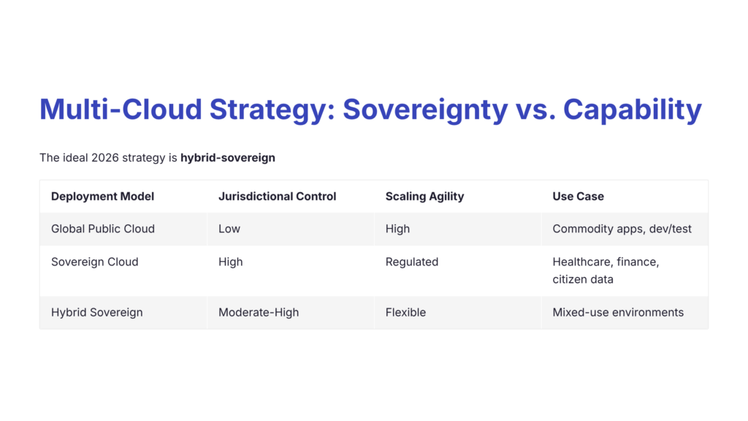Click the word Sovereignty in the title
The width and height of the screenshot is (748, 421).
point(424,110)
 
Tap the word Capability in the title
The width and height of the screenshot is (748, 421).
point(632,110)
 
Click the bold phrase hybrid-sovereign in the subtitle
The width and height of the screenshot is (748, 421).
point(227,157)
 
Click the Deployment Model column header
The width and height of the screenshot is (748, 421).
point(102,196)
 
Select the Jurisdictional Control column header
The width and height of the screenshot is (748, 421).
point(277,196)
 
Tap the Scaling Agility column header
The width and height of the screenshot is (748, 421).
point(424,196)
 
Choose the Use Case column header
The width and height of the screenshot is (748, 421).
point(578,196)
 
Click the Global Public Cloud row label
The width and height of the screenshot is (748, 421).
point(103,229)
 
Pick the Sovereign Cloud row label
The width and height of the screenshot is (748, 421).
point(94,262)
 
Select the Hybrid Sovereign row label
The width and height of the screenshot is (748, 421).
point(96,312)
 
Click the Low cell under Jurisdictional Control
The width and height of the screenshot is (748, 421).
point(229,229)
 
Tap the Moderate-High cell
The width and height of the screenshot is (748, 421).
point(259,312)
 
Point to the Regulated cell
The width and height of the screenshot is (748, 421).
point(412,262)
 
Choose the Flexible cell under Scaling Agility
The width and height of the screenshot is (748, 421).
point(405,312)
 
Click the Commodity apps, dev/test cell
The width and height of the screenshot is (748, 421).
point(622,229)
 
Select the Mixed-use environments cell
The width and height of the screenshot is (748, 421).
point(618,312)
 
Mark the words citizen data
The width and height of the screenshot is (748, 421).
point(583,279)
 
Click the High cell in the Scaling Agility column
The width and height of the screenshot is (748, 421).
point(397,229)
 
